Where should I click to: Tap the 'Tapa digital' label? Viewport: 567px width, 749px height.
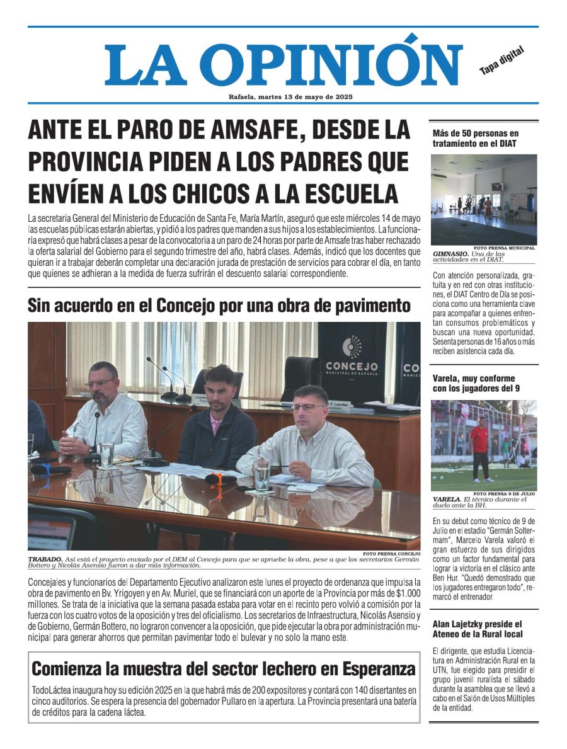tap(502, 60)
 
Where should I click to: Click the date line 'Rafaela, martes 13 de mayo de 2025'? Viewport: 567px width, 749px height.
tap(290, 97)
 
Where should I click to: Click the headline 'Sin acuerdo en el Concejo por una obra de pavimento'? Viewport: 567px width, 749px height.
tap(219, 306)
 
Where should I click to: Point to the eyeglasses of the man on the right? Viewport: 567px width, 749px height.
tap(306, 408)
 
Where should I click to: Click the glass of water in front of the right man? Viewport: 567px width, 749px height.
tap(262, 474)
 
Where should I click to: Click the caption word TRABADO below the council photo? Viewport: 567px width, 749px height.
tap(45, 559)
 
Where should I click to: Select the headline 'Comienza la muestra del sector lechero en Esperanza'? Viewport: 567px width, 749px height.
tap(224, 668)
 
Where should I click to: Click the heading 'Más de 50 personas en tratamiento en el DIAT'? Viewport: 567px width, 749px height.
tap(476, 138)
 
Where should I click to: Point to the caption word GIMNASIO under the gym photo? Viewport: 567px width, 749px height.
tap(450, 253)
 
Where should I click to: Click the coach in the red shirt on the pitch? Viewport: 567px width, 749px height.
tap(480, 447)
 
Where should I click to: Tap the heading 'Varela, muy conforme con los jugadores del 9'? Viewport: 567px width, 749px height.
tap(474, 383)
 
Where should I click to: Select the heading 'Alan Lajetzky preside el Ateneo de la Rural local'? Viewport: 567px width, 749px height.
tap(477, 629)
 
